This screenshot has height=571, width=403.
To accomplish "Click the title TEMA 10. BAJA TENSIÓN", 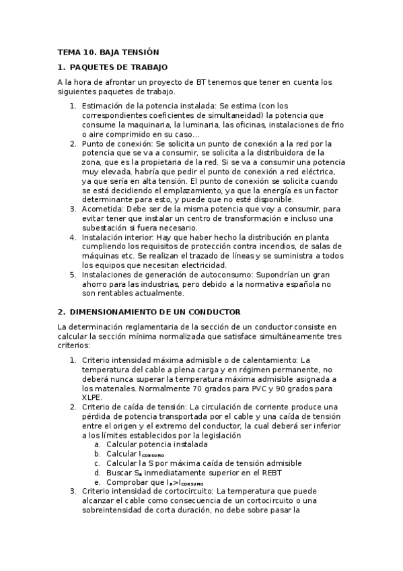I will pos(108,52).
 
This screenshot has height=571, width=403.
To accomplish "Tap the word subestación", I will pos(108,228).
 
